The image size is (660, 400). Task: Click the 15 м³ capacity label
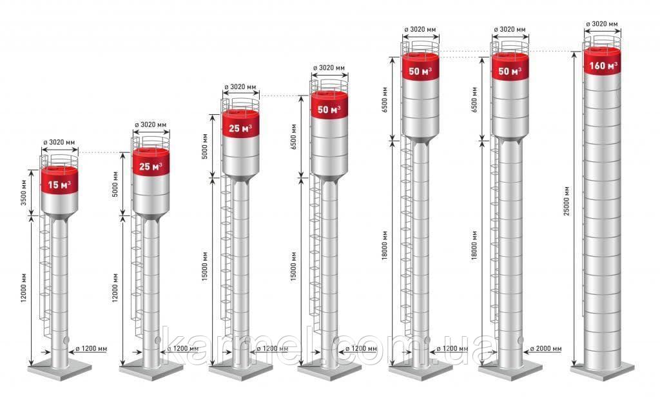tap(59, 185)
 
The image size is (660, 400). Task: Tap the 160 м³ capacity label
tap(603, 66)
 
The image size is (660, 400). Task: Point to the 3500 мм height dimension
tap(24, 192)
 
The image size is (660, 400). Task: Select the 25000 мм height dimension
tap(567, 201)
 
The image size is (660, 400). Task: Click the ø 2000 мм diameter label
tap(545, 349)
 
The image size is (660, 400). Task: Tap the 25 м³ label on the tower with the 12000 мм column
tap(151, 166)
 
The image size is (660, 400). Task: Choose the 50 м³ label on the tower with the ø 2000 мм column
tap(510, 71)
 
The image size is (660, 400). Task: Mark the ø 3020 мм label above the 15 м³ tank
tap(59, 142)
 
